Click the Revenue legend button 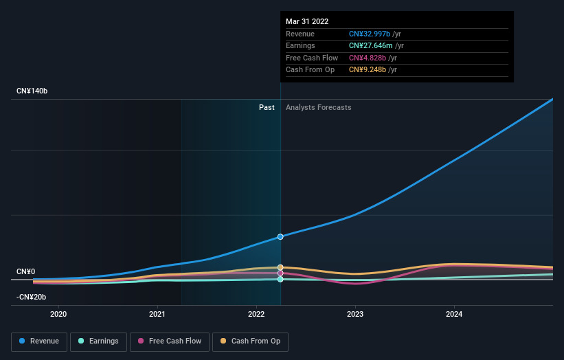(x=39, y=341)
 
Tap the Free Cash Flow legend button (x=169, y=341)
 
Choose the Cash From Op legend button (x=250, y=341)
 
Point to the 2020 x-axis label (x=59, y=315)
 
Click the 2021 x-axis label (x=157, y=315)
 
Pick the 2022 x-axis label (x=256, y=315)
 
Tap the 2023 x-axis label (x=355, y=315)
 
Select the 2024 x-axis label (x=454, y=315)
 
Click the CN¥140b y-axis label (x=32, y=91)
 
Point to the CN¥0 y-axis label (x=27, y=272)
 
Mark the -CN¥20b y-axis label (x=32, y=297)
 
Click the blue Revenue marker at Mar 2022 (x=280, y=236)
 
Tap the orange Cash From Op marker (x=280, y=267)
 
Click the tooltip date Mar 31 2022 (x=307, y=21)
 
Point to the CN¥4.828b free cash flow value (x=369, y=58)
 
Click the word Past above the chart (x=267, y=107)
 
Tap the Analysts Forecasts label (x=318, y=107)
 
